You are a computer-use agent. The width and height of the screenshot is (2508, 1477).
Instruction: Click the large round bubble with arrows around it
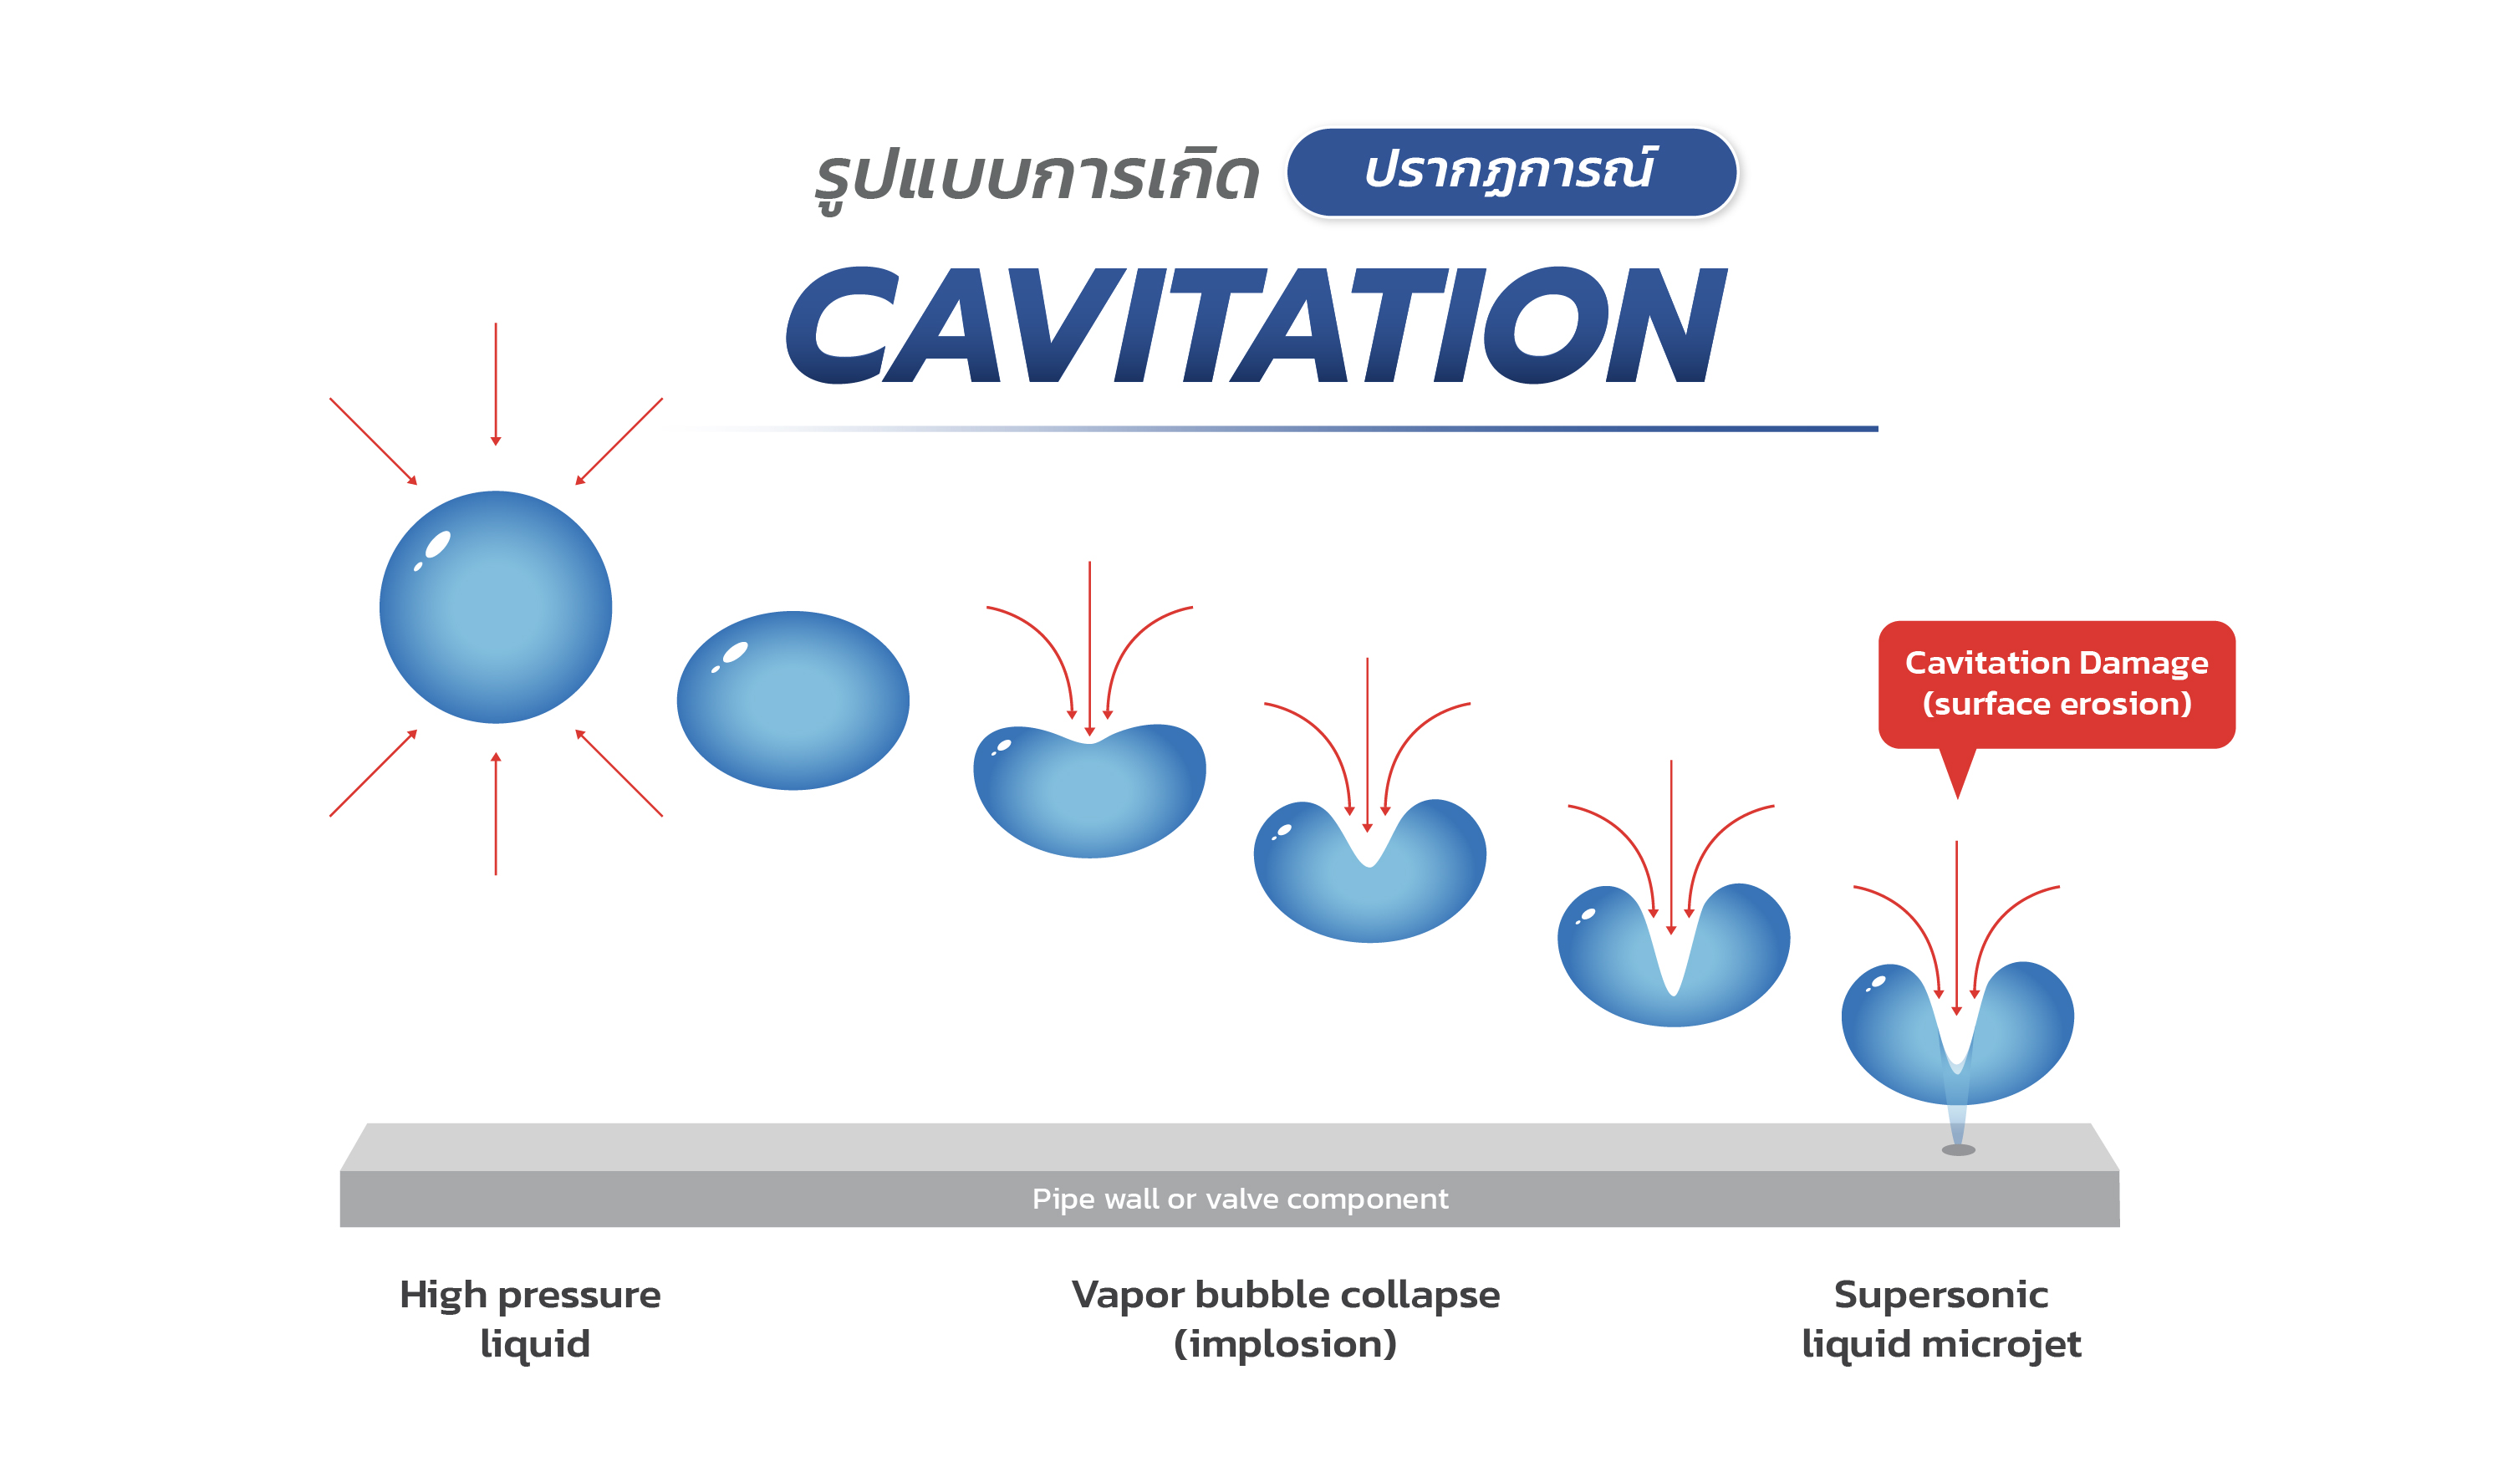pyautogui.click(x=496, y=607)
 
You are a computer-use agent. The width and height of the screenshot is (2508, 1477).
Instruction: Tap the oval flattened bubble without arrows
pyautogui.click(x=793, y=700)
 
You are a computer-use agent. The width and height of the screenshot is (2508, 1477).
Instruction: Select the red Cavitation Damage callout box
pyautogui.click(x=2057, y=685)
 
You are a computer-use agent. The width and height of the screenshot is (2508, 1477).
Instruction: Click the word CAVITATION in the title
pyautogui.click(x=1256, y=324)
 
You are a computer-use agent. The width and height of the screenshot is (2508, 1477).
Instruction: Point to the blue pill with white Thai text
pyautogui.click(x=1511, y=172)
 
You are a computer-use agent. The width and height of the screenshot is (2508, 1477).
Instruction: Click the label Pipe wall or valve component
pyautogui.click(x=1240, y=1199)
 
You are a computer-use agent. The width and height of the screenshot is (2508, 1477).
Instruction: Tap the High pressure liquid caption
pyautogui.click(x=531, y=1319)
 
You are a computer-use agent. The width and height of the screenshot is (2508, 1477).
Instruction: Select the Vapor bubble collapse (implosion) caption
pyautogui.click(x=1286, y=1319)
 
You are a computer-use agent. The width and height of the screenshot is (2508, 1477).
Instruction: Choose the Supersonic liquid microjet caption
pyautogui.click(x=1942, y=1319)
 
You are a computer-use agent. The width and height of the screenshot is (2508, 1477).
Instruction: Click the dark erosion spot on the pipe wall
pyautogui.click(x=1959, y=1150)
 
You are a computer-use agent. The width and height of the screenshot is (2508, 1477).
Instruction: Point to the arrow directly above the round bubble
pyautogui.click(x=496, y=385)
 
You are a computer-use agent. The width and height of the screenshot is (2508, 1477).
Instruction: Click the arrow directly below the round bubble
pyautogui.click(x=496, y=814)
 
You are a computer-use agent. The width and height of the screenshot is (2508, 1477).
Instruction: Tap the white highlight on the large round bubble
pyautogui.click(x=438, y=544)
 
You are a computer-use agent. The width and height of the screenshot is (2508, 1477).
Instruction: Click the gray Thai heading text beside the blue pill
pyautogui.click(x=1037, y=177)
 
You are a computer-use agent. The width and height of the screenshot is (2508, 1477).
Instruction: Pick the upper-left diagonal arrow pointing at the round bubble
pyautogui.click(x=373, y=442)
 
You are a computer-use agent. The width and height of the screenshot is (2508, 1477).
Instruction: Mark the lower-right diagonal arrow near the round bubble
pyautogui.click(x=619, y=773)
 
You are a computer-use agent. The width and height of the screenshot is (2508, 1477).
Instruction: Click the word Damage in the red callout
pyautogui.click(x=2144, y=664)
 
